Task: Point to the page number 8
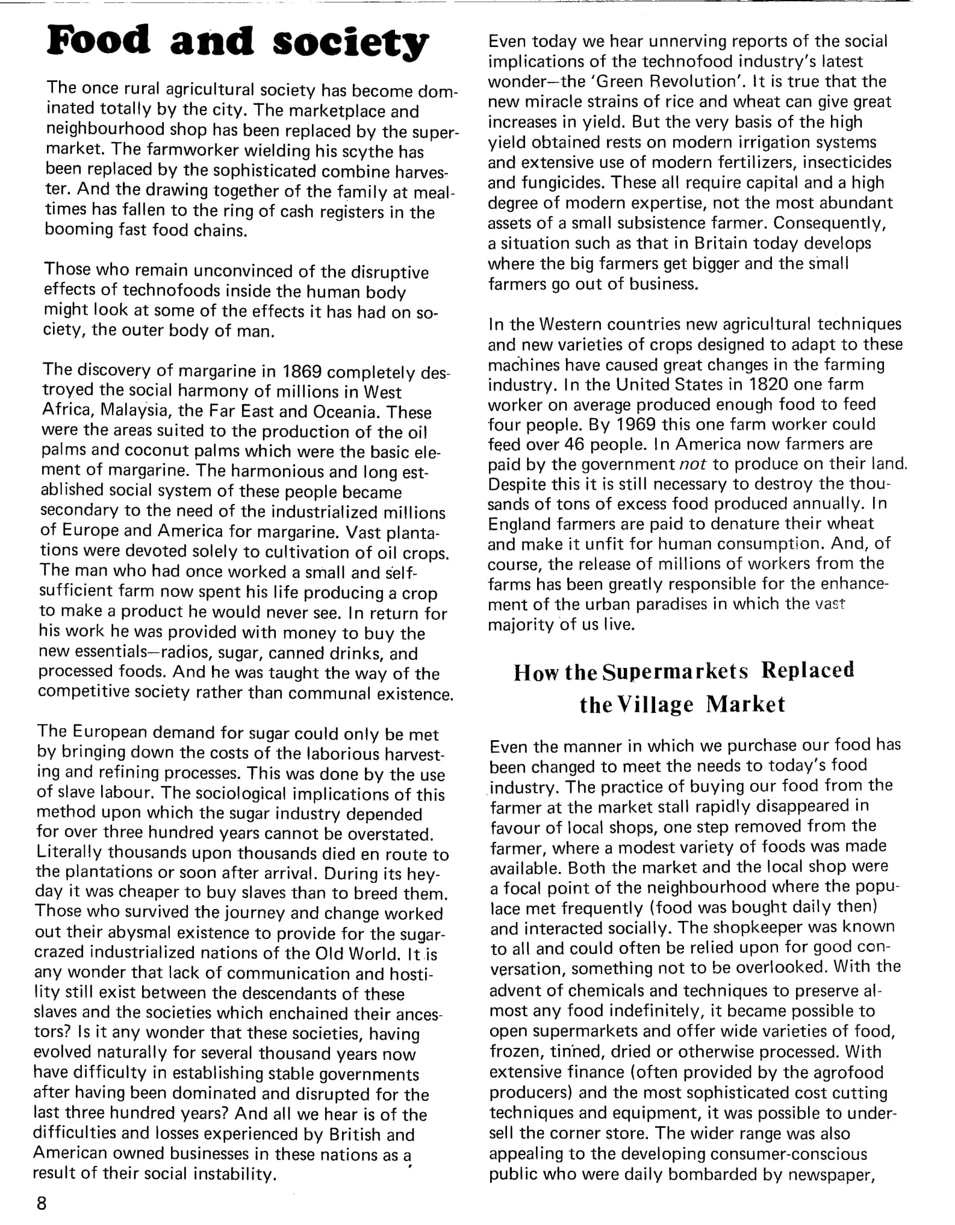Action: coord(42,1203)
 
